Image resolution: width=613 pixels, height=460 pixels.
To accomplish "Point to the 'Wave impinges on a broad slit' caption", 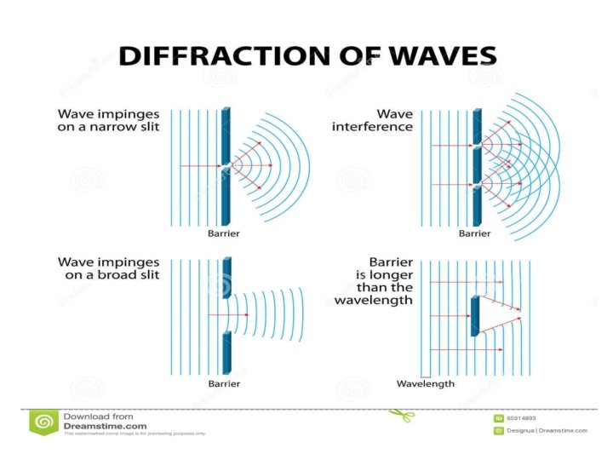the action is click(107, 268).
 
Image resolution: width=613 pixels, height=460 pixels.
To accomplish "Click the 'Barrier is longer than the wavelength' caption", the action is click(374, 280).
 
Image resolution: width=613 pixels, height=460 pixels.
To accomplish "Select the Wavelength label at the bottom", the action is click(426, 384).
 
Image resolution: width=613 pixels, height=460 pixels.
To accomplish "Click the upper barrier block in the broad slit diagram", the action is click(226, 277).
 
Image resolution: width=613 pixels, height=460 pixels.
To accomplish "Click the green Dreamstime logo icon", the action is click(43, 421).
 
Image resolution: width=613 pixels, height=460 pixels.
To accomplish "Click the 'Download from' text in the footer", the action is click(98, 417).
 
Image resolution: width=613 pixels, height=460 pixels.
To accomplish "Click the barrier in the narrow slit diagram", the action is click(226, 166).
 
